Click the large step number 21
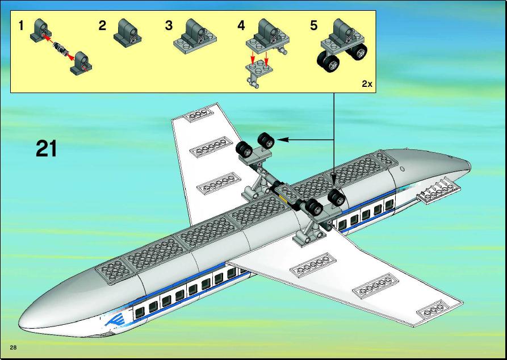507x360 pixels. coord(46,149)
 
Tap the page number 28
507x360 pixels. coord(13,348)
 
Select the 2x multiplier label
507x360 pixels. coord(367,84)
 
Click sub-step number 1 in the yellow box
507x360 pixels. coord(21,26)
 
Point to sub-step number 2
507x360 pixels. coord(102,26)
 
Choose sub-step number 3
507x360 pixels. coord(169,26)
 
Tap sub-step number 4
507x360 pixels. coord(241,26)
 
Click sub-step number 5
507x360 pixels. coord(313,26)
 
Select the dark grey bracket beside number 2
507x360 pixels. coord(127,31)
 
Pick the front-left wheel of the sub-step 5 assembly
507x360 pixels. coord(328,62)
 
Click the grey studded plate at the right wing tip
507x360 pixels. coord(433,311)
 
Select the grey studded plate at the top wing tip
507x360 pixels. coord(199,115)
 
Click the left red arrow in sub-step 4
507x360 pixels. coord(253,58)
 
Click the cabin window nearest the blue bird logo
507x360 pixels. coord(140,312)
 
